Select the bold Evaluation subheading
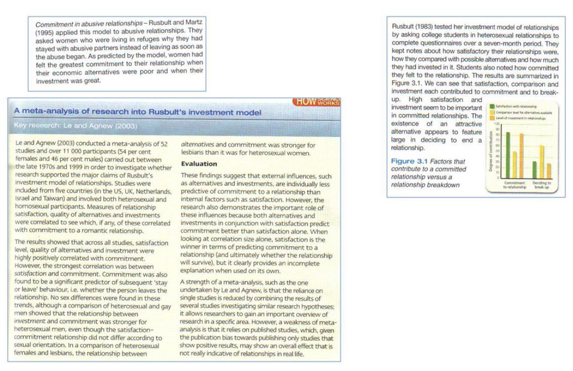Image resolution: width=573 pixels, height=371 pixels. click(199, 164)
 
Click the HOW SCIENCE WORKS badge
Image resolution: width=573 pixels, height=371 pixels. click(317, 102)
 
